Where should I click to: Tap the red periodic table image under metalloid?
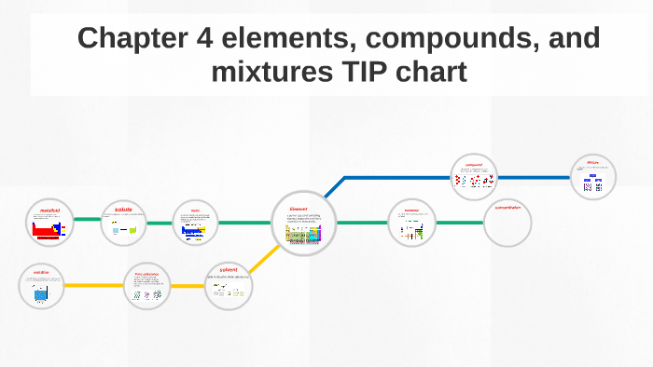[x=47, y=229]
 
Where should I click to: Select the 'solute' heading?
[x=124, y=210]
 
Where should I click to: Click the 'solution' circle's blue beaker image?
[x=41, y=293]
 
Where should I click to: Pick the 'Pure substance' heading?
[x=146, y=274]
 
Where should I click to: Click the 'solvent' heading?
[x=228, y=270]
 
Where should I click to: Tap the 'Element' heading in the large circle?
[x=299, y=209]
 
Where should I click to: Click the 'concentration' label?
[x=508, y=208]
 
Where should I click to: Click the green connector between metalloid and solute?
[x=87, y=220]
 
